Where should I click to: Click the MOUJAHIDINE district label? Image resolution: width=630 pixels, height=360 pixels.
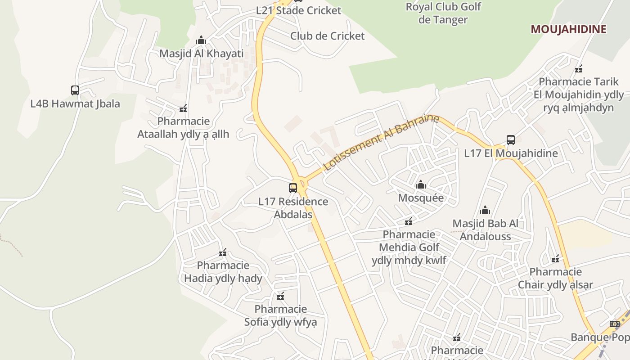coord(568,29)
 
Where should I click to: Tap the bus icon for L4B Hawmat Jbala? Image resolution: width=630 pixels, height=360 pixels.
coord(75,90)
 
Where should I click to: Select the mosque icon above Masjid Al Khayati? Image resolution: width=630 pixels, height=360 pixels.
coord(201,40)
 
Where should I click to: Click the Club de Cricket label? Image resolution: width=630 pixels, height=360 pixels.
coord(327,36)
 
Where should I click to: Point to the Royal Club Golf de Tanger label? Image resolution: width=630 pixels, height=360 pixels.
coord(443,13)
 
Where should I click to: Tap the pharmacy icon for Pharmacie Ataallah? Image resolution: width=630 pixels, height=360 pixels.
coord(183,108)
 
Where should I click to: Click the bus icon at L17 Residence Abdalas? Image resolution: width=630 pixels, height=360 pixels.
coord(293,188)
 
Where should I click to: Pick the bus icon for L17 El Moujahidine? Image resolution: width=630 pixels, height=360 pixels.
coord(511,140)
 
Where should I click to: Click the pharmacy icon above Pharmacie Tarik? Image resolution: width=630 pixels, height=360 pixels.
coord(579,69)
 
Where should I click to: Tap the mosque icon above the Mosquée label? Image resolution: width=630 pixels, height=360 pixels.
coord(421,184)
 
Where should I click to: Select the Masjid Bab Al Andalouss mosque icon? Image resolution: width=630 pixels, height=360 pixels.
coord(485,210)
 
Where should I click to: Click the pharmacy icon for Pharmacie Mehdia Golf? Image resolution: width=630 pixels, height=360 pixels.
coord(409,221)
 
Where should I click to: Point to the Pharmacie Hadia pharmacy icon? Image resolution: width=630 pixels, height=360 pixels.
coord(223,252)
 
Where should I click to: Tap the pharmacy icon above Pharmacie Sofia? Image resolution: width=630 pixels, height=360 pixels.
coord(281,296)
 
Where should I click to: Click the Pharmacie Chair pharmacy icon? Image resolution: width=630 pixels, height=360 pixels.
coord(556,258)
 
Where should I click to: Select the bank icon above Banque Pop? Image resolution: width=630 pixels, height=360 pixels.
coord(615,324)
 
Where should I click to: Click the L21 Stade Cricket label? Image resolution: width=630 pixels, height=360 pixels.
coord(299,10)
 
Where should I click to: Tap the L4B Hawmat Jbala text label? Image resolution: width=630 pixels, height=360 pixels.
coord(75,104)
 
